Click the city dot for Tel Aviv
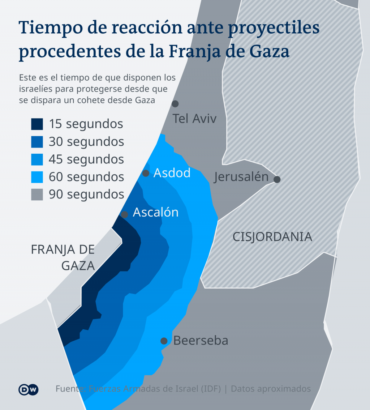[175, 104]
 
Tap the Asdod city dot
[146, 173]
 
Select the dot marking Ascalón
[125, 214]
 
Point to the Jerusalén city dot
[277, 179]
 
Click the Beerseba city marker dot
[164, 341]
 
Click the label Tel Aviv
[194, 118]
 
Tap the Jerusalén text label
[241, 177]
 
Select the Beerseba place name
[201, 341]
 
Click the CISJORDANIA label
[272, 237]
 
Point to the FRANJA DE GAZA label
[63, 257]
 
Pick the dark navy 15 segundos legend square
[37, 124]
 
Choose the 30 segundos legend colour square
[37, 142]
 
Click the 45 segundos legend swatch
[37, 159]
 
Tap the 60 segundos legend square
[37, 177]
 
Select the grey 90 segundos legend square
[37, 195]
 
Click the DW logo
[29, 389]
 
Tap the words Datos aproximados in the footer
[271, 389]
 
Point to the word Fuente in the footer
[70, 389]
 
